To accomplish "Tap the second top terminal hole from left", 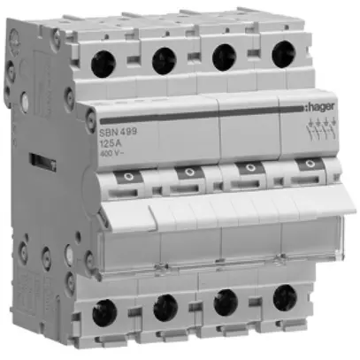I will point(163,60).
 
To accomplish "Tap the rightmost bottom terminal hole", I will point(283,298).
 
